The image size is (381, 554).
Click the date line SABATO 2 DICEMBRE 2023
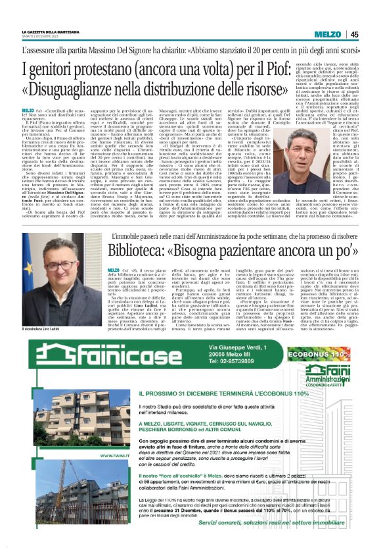45,37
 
